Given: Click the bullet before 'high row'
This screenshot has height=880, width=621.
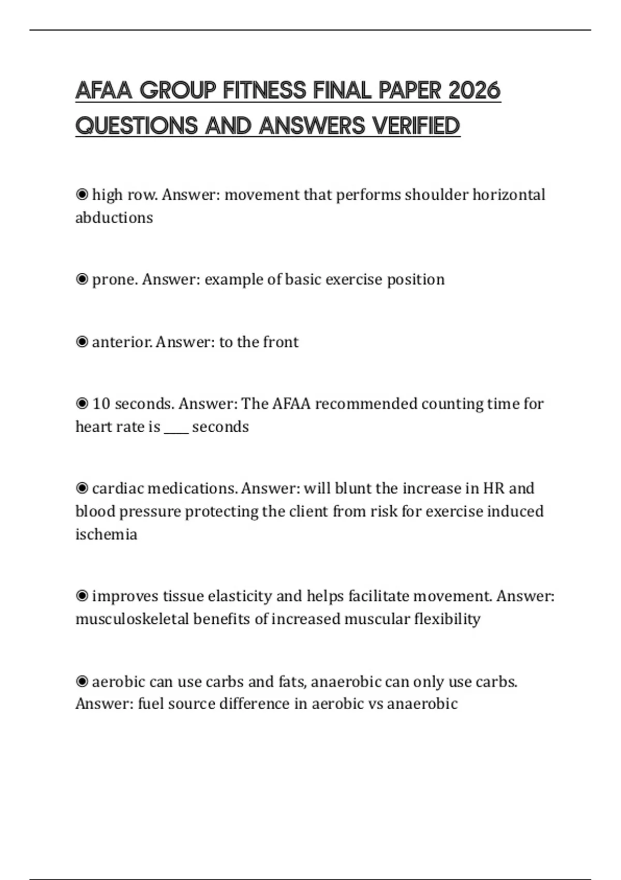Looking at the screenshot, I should coord(82,195).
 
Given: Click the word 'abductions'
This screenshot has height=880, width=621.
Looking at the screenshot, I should coord(114,217).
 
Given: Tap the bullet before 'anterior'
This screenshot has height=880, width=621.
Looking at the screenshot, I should coord(82,342).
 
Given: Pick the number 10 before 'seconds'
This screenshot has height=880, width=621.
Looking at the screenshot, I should coord(101,404).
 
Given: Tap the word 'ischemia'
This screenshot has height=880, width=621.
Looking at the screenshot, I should coord(106,534).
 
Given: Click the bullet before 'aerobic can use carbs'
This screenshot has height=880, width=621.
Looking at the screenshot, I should coord(82,681).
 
